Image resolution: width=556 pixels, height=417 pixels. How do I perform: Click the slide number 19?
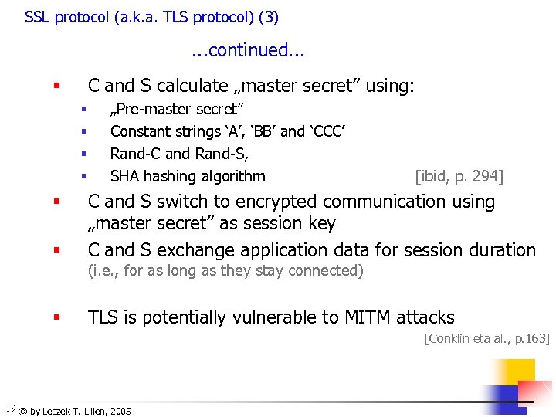click(10, 408)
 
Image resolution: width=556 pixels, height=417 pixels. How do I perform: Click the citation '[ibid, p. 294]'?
click(459, 176)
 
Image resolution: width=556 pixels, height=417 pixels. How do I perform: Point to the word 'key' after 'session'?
click(321, 224)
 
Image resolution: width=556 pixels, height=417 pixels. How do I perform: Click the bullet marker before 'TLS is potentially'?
click(56, 317)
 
